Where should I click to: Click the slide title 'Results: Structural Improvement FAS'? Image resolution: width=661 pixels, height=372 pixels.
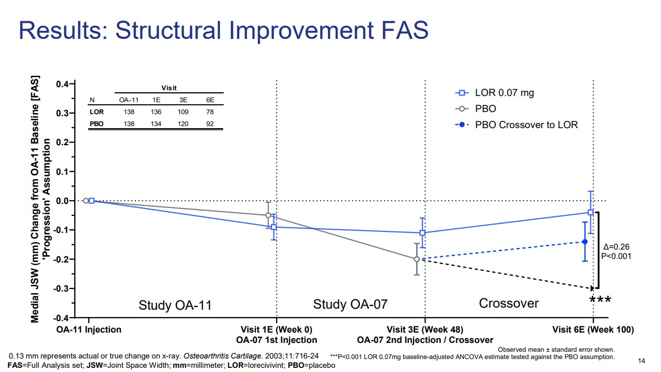coord(224,30)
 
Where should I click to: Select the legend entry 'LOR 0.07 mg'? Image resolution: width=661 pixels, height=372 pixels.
coord(504,93)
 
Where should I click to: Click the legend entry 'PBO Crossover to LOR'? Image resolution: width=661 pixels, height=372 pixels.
coord(526,125)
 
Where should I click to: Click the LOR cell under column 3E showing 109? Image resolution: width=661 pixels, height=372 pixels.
coord(183,112)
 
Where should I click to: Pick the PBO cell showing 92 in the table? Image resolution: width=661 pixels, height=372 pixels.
coord(210,124)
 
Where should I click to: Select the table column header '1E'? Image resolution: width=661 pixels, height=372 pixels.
coord(156,100)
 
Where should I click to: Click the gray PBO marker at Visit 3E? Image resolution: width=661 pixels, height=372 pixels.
coord(417,259)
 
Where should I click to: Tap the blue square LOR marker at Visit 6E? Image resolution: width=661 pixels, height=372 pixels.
coord(590,212)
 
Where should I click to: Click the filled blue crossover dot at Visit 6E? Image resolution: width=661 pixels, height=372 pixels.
coord(585,242)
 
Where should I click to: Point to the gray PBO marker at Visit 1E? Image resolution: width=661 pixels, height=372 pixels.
coord(268,215)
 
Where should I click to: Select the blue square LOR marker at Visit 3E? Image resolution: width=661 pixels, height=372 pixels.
coord(422,233)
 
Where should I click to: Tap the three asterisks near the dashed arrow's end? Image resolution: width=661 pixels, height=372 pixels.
coord(600,300)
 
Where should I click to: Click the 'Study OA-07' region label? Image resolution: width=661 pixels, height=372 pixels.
coord(350,304)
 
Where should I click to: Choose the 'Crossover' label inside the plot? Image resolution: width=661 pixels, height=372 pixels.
coord(508,303)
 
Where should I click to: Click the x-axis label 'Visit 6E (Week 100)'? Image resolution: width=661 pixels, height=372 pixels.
coord(593,329)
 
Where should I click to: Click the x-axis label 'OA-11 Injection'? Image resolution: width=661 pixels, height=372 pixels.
coord(89,329)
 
